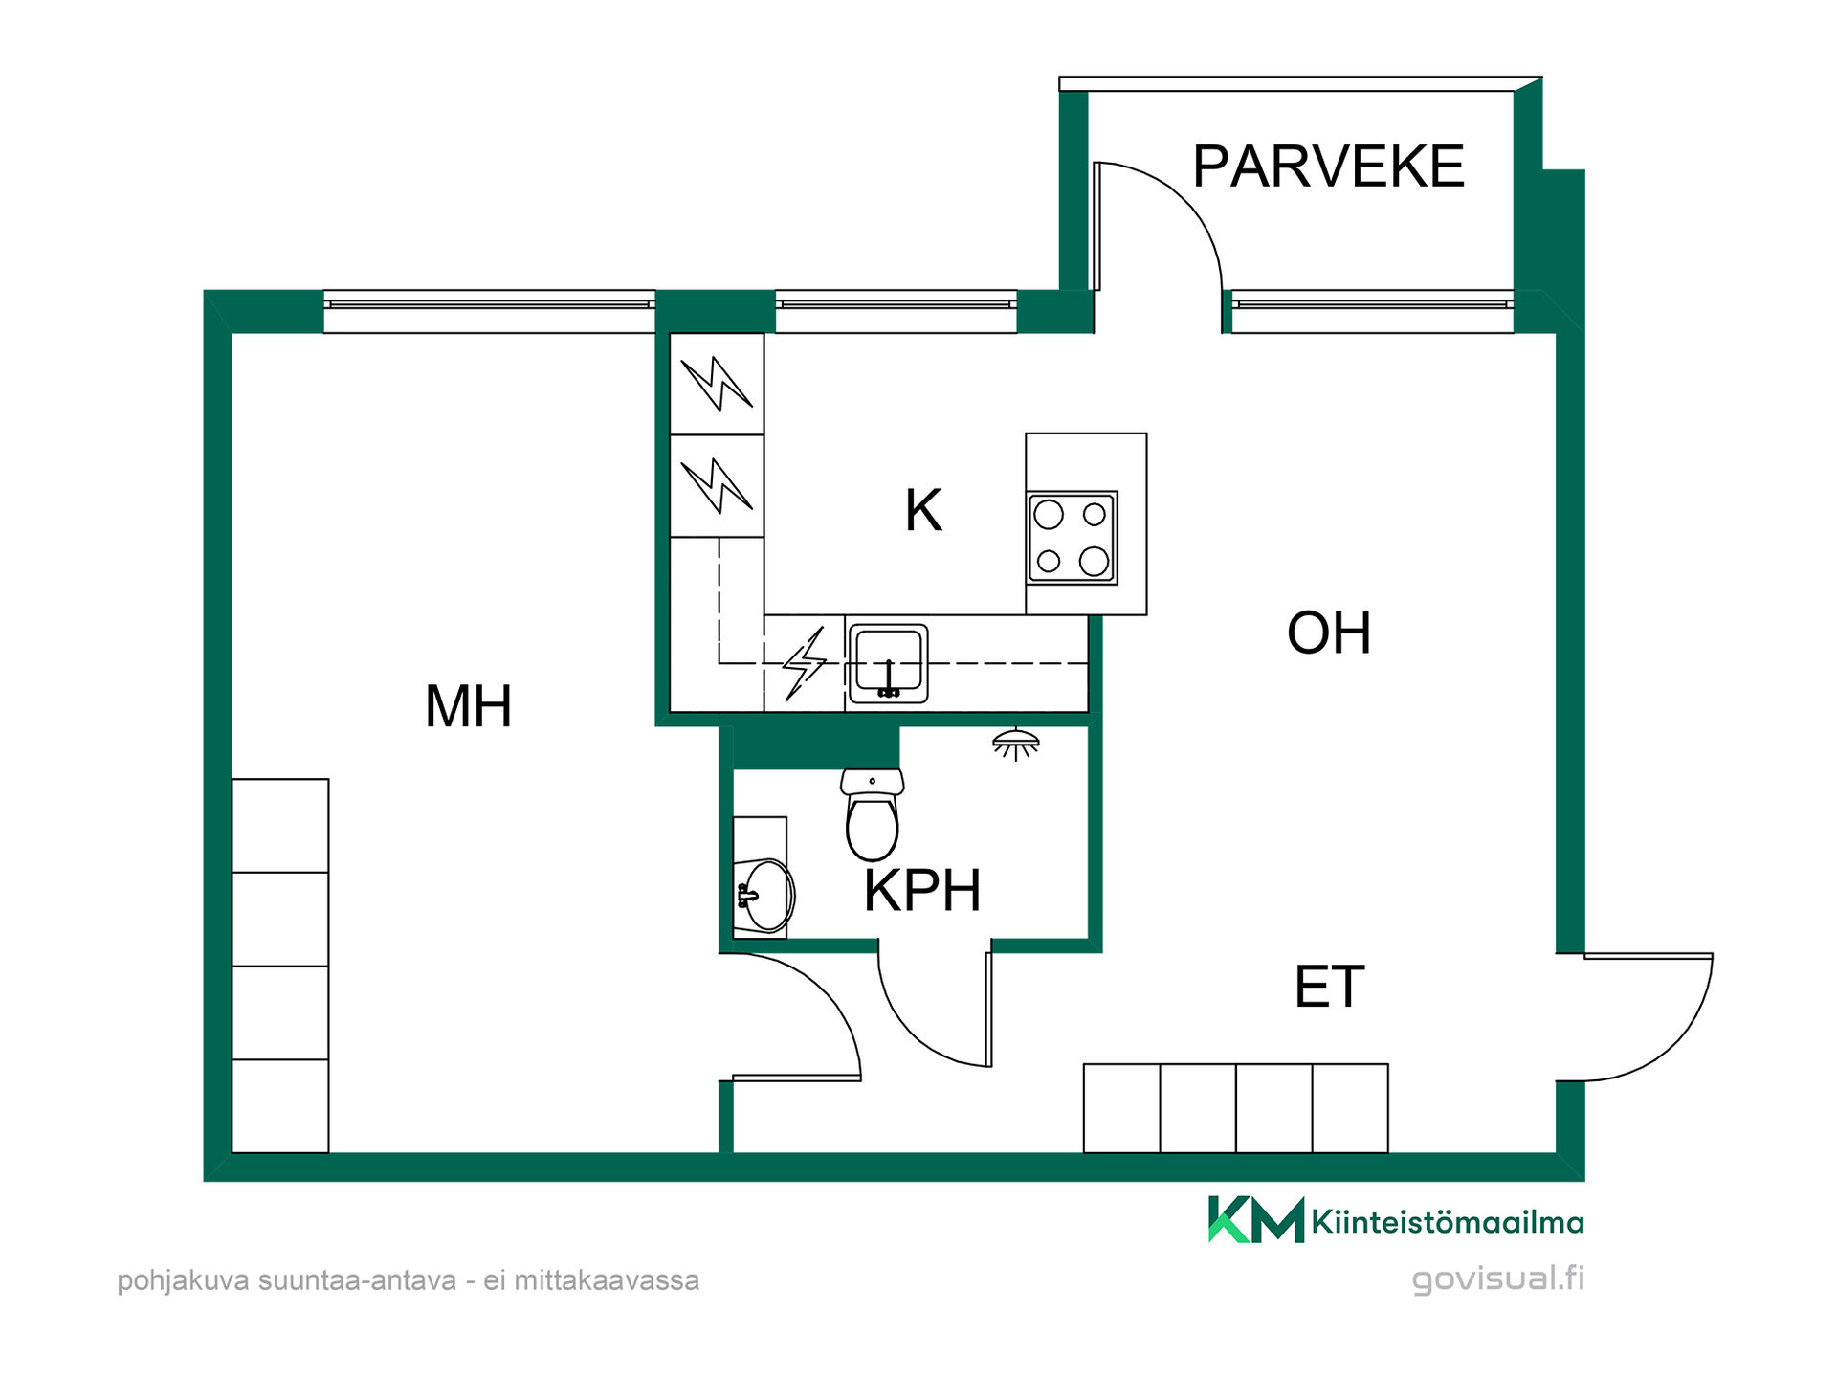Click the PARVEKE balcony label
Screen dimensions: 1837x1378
click(1328, 167)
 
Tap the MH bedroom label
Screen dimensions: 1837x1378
click(468, 706)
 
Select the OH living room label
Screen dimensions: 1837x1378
click(1329, 633)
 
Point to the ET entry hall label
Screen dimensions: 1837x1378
click(1329, 987)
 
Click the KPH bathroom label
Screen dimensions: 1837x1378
click(922, 891)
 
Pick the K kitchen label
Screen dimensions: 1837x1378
click(923, 510)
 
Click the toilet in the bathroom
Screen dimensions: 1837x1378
click(872, 814)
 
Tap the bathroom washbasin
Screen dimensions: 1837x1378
click(766, 895)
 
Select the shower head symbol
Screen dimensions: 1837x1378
click(1016, 744)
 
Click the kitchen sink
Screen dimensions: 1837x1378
click(888, 664)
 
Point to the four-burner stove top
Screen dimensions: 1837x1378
click(1072, 538)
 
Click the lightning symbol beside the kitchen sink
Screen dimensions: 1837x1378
click(805, 663)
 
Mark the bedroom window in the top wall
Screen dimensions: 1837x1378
click(489, 311)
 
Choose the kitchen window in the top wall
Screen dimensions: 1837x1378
click(896, 311)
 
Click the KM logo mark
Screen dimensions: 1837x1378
click(1256, 1219)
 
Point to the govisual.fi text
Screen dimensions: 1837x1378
click(1498, 1278)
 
